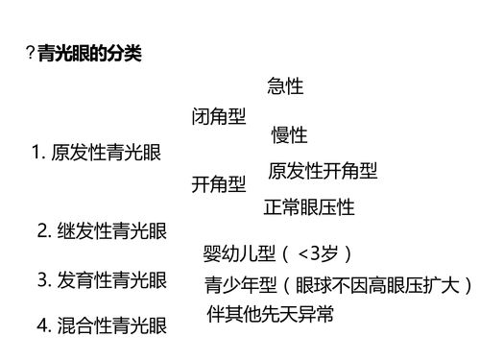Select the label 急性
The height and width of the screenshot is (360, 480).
tap(285, 87)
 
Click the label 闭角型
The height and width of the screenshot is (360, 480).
tap(218, 117)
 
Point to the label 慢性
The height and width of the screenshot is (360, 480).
tap(289, 135)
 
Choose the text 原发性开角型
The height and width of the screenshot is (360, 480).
tap(322, 171)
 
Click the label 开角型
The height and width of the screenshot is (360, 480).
tap(218, 183)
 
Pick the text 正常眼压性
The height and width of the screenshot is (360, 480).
tap(309, 206)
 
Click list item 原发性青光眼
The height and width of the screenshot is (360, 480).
tap(107, 153)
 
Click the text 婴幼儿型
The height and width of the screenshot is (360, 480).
tap(240, 254)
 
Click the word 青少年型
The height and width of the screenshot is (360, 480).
tap(240, 285)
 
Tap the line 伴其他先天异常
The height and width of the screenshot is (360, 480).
tap(270, 314)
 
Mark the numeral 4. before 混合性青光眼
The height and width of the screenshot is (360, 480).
tap(43, 326)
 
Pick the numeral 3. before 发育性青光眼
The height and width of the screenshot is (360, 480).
tap(43, 280)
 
